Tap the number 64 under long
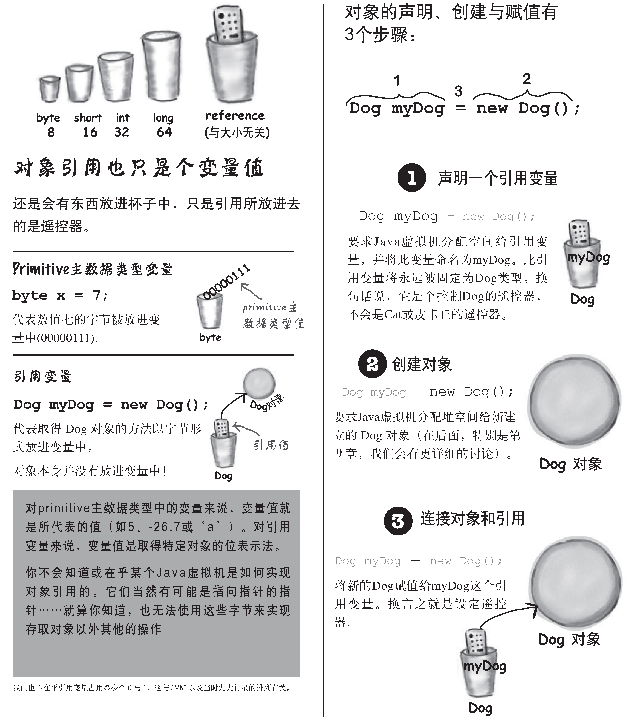click(x=164, y=132)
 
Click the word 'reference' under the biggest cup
click(x=235, y=116)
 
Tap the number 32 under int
click(x=122, y=132)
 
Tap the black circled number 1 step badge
click(x=412, y=178)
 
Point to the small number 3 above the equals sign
click(x=458, y=91)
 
